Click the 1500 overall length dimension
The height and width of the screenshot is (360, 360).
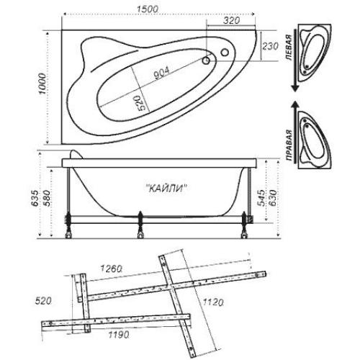click(148, 9)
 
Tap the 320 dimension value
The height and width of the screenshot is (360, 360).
click(231, 20)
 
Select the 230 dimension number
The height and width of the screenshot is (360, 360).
click(270, 46)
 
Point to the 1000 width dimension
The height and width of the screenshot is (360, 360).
click(42, 84)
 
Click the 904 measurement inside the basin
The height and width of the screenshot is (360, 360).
click(161, 73)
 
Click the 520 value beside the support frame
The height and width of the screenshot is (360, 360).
click(43, 301)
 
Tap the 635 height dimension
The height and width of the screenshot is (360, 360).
click(35, 198)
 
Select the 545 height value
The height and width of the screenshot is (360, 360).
click(262, 198)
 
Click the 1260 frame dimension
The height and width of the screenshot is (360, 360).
click(111, 269)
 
